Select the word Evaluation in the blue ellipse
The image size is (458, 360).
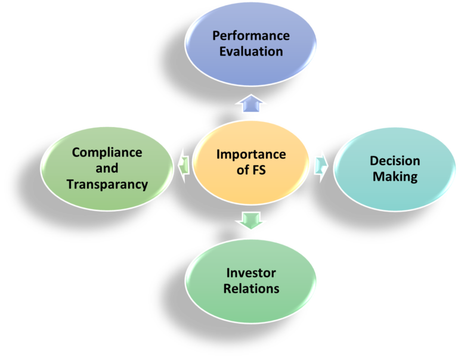point(250,51)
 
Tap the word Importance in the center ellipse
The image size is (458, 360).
point(251,155)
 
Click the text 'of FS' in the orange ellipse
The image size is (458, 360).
point(251,170)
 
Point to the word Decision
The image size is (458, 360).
point(395,161)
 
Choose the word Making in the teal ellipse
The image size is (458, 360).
point(395,176)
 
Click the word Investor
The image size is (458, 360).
point(251,273)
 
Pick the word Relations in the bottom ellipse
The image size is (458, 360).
point(251,289)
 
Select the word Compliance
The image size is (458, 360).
point(107,152)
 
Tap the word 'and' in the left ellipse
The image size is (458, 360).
point(107,168)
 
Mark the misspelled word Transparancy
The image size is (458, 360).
point(107,184)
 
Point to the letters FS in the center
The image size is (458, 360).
point(259,170)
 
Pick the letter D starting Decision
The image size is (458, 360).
point(373,161)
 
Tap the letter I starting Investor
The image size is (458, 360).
point(228,273)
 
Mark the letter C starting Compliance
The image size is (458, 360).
point(76,152)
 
